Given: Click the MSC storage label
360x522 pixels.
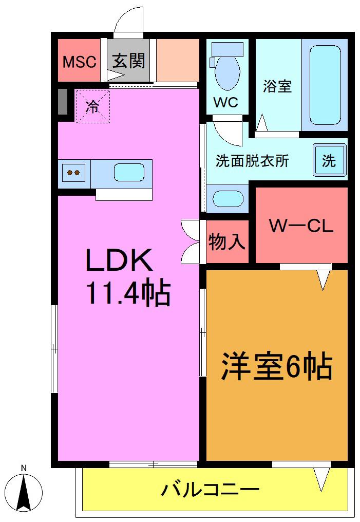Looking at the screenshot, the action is (x=80, y=62).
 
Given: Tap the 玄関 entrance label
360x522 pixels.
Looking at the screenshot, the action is (x=128, y=61).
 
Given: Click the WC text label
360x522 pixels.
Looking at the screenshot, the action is (x=225, y=102).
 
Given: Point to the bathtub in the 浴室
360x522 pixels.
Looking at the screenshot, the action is (x=325, y=85).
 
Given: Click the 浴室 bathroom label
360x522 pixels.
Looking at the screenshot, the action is (x=277, y=86).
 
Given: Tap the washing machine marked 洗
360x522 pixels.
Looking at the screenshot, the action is (x=329, y=160).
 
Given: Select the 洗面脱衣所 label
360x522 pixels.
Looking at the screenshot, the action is (x=252, y=161).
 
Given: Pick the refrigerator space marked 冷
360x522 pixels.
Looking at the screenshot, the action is (x=93, y=106).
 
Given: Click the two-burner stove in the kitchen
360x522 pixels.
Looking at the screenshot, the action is (x=74, y=173).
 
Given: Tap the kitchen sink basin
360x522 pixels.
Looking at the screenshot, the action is (x=129, y=173).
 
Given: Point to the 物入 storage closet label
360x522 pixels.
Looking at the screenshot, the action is (x=227, y=241).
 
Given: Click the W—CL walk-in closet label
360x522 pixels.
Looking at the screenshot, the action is (x=301, y=226).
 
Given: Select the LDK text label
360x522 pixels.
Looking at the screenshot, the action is (x=120, y=260).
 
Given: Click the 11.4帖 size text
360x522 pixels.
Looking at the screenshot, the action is (x=128, y=293).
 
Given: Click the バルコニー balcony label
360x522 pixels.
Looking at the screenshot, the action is (x=210, y=489).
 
